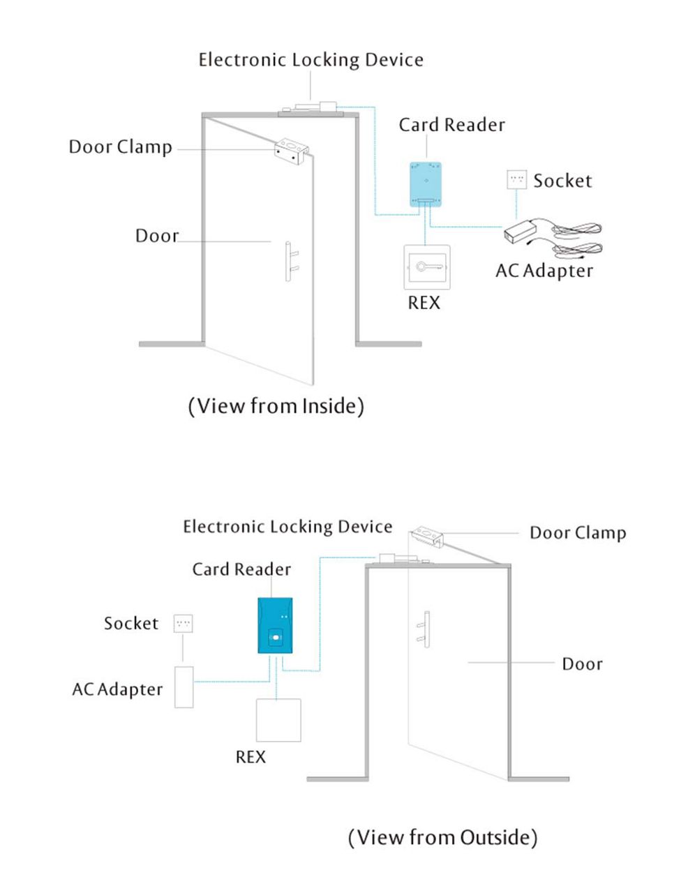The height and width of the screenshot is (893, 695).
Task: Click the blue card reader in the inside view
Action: click(425, 183)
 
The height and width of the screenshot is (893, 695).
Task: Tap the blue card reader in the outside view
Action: click(275, 624)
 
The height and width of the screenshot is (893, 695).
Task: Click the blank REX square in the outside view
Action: click(278, 720)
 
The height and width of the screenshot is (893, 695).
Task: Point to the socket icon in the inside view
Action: click(517, 179)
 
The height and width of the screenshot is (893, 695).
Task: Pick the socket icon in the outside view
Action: click(183, 623)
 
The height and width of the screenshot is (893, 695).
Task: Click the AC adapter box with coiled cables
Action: click(524, 231)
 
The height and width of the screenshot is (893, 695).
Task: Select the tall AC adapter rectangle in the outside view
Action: click(184, 687)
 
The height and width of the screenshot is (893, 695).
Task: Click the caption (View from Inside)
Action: click(276, 405)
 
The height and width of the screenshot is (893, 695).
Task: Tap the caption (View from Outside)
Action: click(442, 836)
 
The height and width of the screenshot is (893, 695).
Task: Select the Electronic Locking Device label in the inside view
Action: click(311, 59)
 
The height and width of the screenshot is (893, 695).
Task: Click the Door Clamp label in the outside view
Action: click(577, 533)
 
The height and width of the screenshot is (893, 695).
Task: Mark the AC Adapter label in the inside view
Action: click(544, 271)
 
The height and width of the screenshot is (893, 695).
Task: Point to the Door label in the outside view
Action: click(582, 663)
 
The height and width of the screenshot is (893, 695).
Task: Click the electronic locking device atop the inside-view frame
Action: click(309, 108)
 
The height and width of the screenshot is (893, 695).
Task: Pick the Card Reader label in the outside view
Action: click(241, 569)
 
